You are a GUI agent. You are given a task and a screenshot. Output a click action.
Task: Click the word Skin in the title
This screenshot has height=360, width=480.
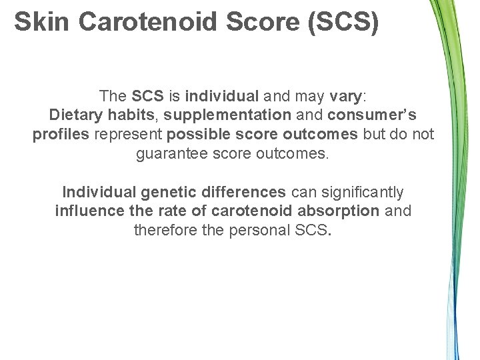42,21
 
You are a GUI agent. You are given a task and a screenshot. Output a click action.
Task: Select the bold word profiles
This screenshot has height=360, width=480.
61,135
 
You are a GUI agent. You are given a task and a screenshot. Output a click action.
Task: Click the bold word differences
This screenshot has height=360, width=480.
243,193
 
